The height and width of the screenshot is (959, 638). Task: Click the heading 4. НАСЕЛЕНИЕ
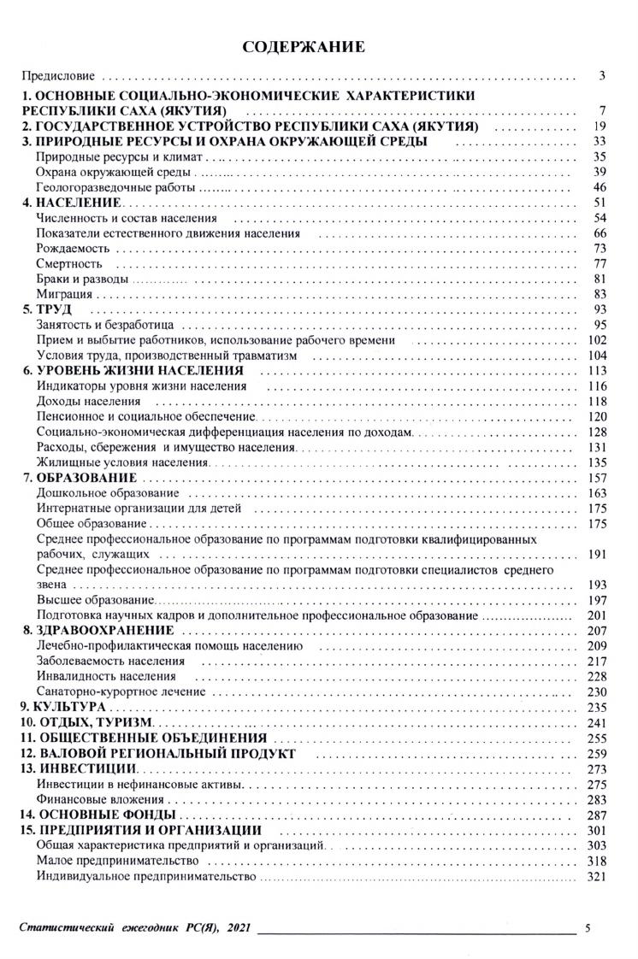point(73,203)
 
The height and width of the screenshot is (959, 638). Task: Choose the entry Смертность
point(70,264)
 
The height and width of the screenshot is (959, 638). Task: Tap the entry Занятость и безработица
point(106,325)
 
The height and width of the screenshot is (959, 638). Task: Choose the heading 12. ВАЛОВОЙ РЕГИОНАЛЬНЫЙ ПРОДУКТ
point(158,754)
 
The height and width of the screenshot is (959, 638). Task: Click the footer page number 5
point(588,927)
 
